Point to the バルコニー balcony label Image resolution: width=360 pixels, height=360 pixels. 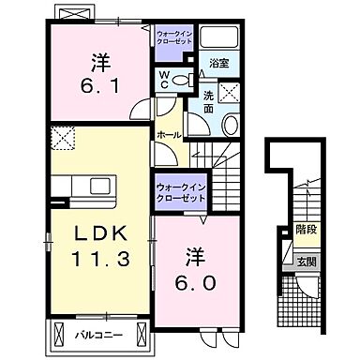tap(98, 333)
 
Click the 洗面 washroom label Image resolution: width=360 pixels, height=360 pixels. tap(208, 100)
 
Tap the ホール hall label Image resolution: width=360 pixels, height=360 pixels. tap(169, 136)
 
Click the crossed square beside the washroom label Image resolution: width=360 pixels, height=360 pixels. tap(229, 92)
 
